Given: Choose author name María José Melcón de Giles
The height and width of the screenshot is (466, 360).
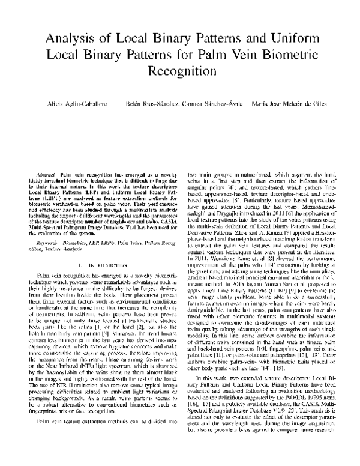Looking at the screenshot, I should click(290, 105).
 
